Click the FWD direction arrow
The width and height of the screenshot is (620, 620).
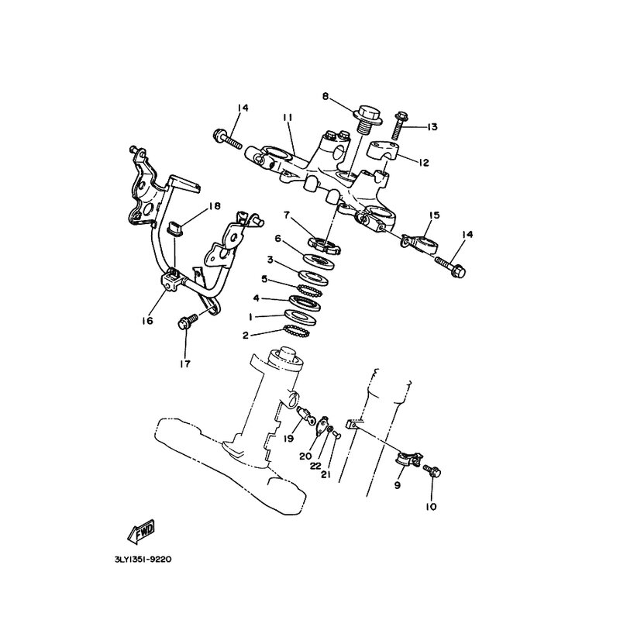pos(141,532)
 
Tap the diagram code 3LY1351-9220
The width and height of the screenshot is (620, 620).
pos(143,560)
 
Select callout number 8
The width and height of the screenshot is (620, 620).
pos(325,96)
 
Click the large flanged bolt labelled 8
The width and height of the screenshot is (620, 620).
pos(367,119)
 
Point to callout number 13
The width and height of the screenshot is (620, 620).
pos(432,127)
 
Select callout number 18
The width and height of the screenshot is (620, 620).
pos(215,206)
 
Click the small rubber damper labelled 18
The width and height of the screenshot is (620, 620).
pos(175,228)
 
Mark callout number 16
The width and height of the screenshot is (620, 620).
pos(147,321)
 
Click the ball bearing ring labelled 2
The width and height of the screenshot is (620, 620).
pos(297,331)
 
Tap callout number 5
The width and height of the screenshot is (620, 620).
pos(264,280)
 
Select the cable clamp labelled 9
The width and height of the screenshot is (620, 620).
pos(409,459)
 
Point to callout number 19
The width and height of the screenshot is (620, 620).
pos(289,439)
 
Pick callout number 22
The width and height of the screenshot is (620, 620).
pos(315,466)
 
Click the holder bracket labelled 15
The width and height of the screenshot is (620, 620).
pos(420,244)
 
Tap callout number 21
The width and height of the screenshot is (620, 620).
pos(325,474)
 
